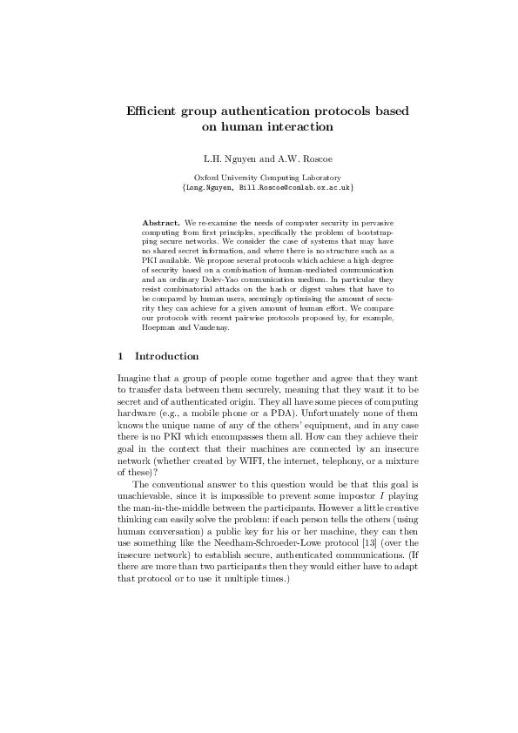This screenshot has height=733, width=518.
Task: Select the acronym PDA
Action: click(272, 413)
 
